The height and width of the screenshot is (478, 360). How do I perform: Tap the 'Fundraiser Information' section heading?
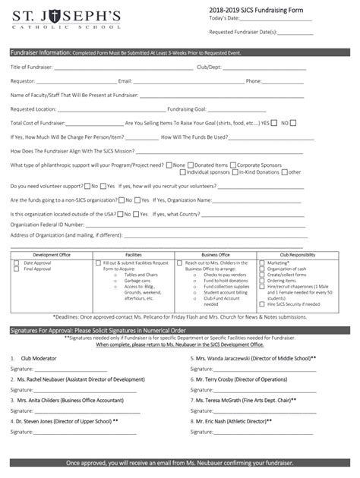40,53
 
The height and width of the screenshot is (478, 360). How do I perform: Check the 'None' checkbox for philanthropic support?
170,165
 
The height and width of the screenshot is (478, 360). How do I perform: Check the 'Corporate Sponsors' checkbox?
233,165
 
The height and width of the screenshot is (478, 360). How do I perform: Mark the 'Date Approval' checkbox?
17,263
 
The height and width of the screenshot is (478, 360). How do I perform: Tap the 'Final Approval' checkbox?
17,269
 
